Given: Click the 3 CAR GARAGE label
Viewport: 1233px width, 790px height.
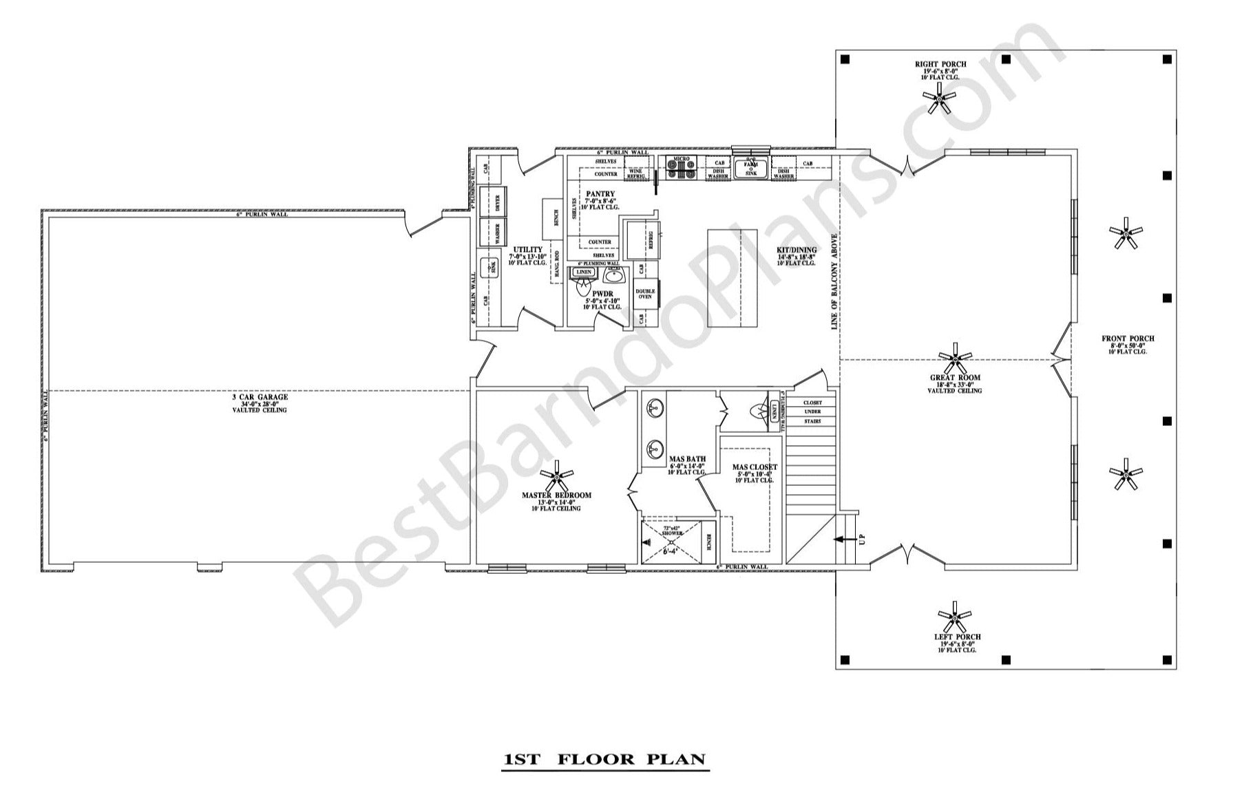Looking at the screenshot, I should [260, 397].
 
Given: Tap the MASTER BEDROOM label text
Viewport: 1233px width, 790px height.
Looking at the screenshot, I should [556, 495].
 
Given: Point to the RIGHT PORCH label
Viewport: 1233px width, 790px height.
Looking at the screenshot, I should [940, 65].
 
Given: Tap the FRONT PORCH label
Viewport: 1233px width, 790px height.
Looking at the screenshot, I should [1128, 339].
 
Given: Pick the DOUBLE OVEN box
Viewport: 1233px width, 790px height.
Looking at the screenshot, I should [645, 294].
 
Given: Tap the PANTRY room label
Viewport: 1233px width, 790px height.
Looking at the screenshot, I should [600, 194].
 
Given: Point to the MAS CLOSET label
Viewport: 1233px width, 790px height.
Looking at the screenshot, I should [755, 467].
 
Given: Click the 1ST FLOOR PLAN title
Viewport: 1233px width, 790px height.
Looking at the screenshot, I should [604, 760].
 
